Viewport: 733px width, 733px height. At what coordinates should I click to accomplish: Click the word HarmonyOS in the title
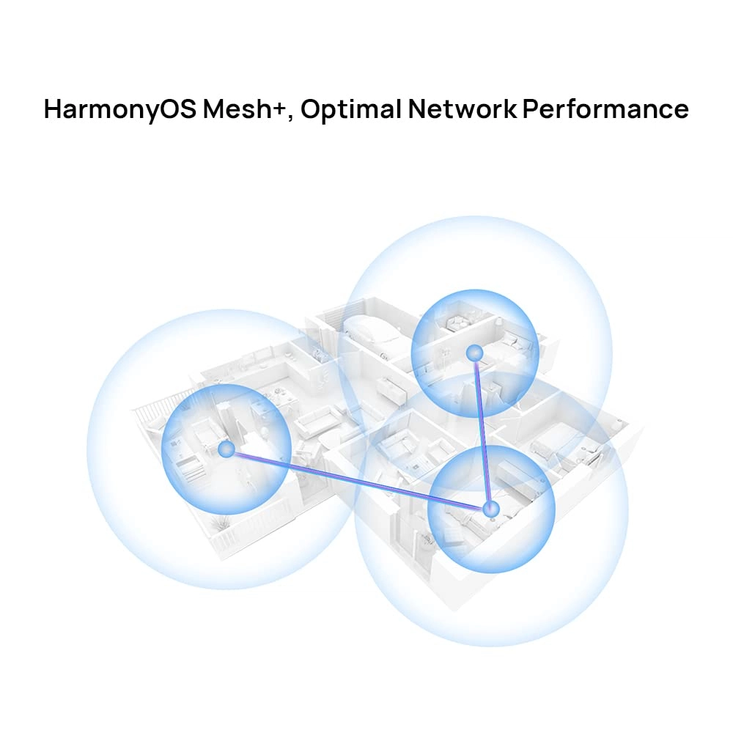pos(120,109)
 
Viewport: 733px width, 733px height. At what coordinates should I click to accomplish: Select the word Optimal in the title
pos(350,109)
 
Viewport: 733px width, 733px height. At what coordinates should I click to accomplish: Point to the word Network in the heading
pos(463,109)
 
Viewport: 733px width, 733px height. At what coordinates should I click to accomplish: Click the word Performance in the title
pos(605,109)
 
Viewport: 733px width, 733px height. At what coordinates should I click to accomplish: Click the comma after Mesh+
pos(290,118)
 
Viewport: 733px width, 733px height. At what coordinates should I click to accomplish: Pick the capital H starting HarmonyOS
pos(54,109)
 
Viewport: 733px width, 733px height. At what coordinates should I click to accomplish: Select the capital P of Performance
pos(531,109)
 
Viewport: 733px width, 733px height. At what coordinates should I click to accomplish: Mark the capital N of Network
pos(418,109)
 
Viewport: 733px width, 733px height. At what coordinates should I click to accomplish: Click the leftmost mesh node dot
pos(226,450)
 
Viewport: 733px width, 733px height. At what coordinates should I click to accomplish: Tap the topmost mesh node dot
pos(474,353)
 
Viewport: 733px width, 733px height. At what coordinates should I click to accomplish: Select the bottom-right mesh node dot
pos(491,509)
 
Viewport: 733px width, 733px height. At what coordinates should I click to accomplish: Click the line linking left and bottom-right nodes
pos(358,479)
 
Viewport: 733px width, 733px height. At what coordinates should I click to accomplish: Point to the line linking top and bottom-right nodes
pos(482,431)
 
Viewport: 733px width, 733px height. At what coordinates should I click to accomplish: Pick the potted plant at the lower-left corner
pos(217,522)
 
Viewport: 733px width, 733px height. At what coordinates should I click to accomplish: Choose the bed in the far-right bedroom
pos(552,439)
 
